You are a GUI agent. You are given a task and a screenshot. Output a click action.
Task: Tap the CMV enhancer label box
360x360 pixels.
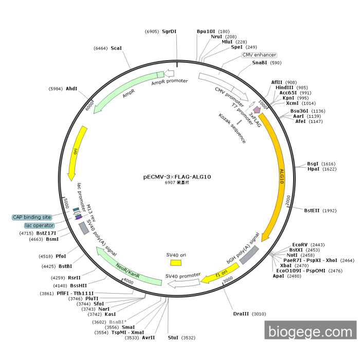coord(259,55)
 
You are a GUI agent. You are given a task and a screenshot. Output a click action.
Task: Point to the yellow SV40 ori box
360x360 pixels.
coord(176,263)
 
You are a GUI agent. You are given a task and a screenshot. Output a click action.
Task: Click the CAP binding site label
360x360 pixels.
coord(32,218)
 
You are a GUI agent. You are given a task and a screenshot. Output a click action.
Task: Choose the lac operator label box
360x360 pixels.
coord(39,225)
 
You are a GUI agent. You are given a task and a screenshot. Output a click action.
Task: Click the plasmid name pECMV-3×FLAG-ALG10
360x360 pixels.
coord(177,176)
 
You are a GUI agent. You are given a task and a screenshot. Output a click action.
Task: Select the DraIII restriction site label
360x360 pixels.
coord(240,313)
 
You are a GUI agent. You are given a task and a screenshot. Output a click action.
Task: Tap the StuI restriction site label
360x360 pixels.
coord(173,337)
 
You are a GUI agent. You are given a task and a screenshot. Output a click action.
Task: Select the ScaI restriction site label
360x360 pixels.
coord(116,48)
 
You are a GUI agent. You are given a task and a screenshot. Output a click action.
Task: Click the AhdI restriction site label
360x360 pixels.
coord(71,88)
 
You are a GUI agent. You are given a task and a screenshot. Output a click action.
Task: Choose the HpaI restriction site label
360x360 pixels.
coord(313,169)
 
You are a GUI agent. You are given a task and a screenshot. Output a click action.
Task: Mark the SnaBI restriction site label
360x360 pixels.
coord(259,63)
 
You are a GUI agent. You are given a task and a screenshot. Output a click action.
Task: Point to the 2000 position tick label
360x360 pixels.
coord(287,198)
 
